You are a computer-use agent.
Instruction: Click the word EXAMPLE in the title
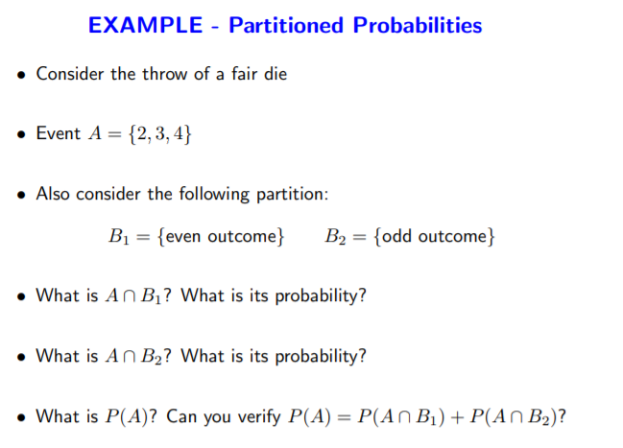(145, 25)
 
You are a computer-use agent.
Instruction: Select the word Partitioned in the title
(286, 25)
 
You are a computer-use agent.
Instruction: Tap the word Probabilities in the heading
(418, 25)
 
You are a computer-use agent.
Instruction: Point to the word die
(276, 74)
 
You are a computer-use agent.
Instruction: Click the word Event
(59, 133)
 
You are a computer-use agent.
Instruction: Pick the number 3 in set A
(160, 133)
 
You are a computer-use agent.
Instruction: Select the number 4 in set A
(179, 133)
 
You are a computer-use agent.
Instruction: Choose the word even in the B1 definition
(183, 236)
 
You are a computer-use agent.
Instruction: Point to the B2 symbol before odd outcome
(335, 236)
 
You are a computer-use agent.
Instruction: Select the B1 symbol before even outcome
(119, 236)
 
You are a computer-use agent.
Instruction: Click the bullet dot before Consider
(21, 75)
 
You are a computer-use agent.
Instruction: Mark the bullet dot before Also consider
(21, 195)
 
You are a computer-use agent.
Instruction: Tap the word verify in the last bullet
(259, 417)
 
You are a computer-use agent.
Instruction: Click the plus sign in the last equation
(458, 418)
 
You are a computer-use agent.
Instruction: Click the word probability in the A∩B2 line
(321, 356)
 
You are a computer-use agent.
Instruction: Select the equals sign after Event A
(114, 134)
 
